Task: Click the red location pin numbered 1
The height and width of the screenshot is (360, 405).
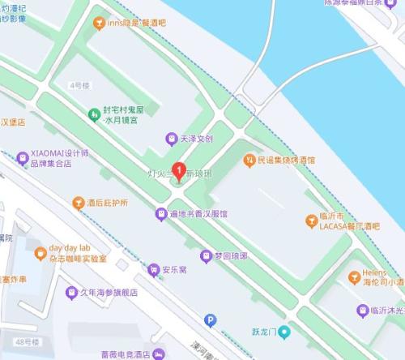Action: click(178, 172)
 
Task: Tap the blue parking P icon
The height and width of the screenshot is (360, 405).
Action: click(210, 320)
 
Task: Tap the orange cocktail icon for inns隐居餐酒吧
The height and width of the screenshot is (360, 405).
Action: click(99, 24)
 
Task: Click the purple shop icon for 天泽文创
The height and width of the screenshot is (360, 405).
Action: click(170, 139)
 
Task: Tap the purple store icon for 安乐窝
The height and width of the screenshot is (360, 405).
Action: click(153, 268)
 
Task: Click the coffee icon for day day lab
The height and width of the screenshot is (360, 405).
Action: click(38, 253)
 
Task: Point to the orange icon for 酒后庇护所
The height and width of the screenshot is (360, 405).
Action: click(78, 202)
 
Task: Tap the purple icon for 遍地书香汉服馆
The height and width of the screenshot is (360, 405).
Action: click(160, 214)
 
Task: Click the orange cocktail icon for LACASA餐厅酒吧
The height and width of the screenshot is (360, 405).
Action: click(311, 221)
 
